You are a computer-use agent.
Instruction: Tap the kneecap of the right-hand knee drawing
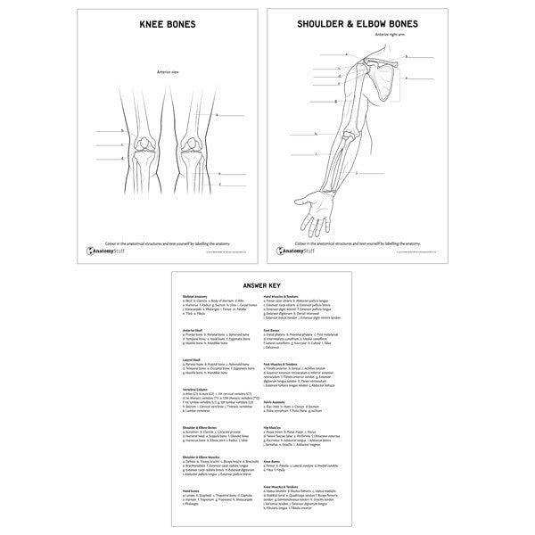pyautogui.click(x=190, y=143)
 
